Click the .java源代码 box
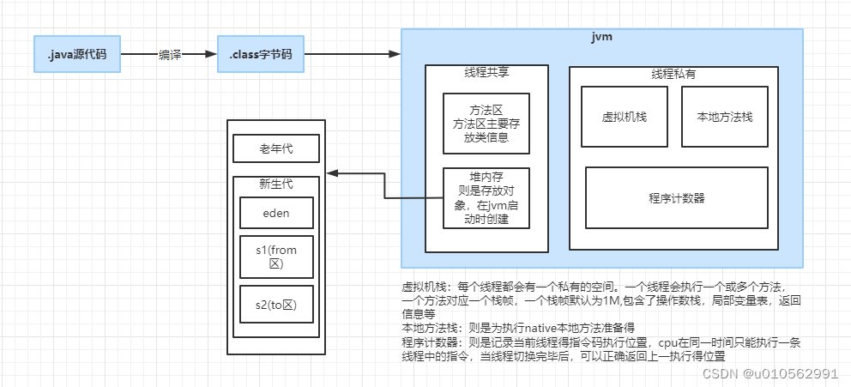[77, 54]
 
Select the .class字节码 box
[260, 54]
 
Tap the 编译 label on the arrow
[169, 54]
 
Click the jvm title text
[601, 38]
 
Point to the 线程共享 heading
[486, 73]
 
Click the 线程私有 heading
[673, 75]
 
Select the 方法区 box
[486, 124]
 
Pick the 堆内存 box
[486, 197]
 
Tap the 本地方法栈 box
[723, 117]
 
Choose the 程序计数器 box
[676, 198]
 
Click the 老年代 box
[276, 148]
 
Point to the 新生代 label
[276, 183]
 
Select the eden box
[276, 212]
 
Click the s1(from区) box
[276, 257]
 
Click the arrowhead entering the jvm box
[395, 54]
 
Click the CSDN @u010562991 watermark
[770, 373]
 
